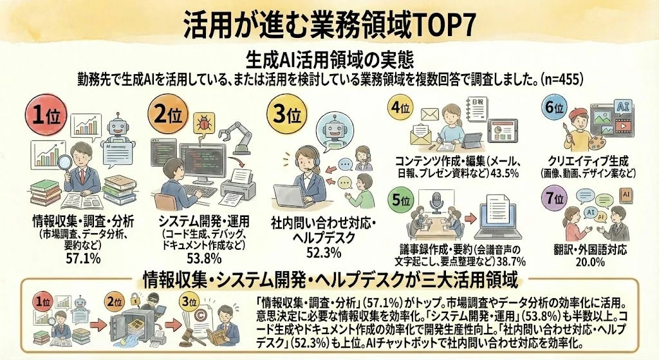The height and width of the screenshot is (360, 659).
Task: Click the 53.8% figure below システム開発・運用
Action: (204, 258)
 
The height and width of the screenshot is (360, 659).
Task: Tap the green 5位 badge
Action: (402, 202)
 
